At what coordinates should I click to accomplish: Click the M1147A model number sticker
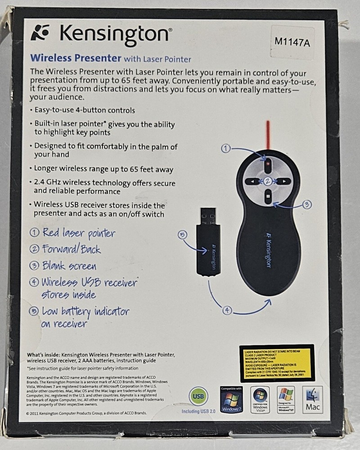[293, 42]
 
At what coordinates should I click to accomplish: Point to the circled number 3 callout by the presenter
[306, 204]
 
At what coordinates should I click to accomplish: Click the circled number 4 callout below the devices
[227, 309]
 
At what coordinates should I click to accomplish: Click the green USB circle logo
[198, 396]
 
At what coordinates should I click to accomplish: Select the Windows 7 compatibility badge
[231, 400]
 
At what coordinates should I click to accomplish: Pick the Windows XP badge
[286, 400]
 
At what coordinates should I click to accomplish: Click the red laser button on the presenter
[267, 164]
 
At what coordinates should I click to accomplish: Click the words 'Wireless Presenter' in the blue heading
[76, 58]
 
